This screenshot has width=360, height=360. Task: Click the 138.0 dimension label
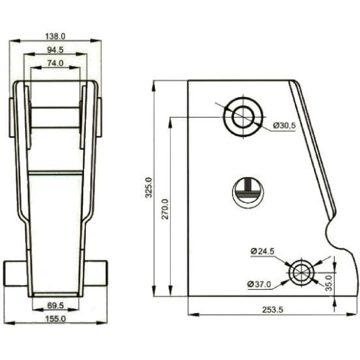[55, 36]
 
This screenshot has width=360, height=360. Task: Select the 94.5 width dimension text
[55, 50]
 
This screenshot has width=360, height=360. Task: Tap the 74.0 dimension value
[55, 63]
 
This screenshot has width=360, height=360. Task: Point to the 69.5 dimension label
[55, 306]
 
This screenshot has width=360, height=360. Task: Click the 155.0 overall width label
[55, 319]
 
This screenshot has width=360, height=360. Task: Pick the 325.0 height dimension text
[149, 187]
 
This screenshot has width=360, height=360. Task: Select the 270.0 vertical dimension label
[165, 209]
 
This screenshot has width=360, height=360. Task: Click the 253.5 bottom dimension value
[273, 310]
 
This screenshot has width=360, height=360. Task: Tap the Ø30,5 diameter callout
[284, 126]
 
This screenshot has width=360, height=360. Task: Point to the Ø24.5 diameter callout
[263, 251]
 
